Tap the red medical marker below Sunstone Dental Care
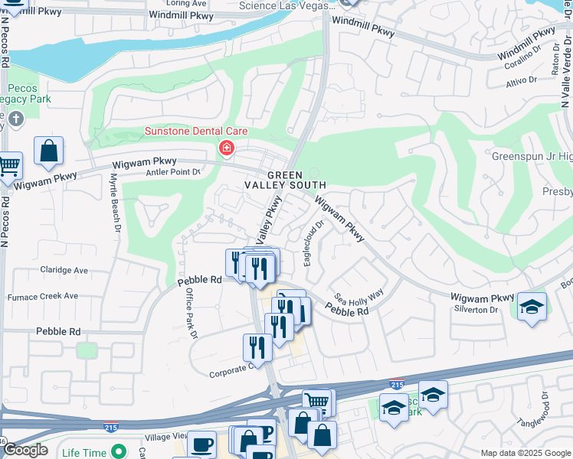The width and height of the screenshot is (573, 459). click(x=226, y=148)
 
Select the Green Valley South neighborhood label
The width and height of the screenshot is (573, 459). click(x=286, y=180)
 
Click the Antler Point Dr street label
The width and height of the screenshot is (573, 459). click(x=172, y=172)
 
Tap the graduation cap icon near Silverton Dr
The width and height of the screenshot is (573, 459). click(x=532, y=308)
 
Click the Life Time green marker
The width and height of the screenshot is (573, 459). click(x=117, y=451)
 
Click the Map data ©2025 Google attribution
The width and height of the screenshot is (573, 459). click(x=526, y=453)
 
